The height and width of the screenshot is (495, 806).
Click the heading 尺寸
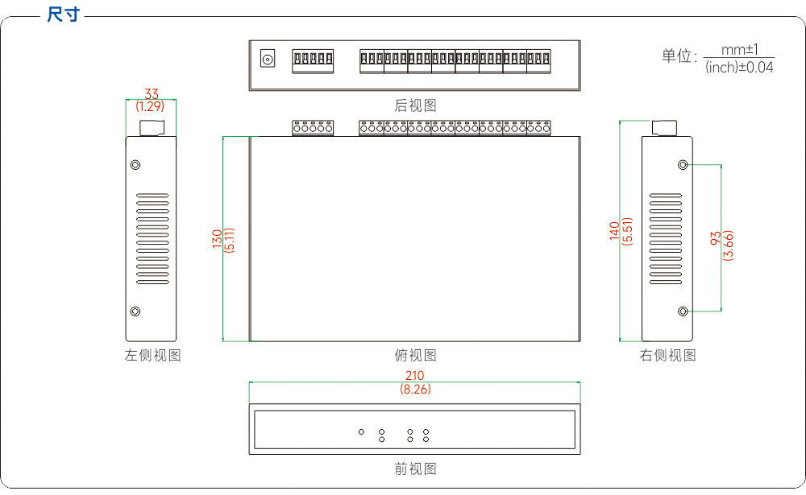63,14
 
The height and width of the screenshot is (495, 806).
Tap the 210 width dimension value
415,376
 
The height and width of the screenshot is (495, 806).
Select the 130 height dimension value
217,239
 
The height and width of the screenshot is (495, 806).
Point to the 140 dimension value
614,231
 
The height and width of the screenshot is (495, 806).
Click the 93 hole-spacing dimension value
716,238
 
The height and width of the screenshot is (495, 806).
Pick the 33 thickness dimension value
152,94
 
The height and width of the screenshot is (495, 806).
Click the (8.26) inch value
415,390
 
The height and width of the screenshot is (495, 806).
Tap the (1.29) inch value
150,106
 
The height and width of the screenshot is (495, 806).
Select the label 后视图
415,105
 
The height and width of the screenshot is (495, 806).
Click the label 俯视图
415,355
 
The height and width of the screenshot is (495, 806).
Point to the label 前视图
415,468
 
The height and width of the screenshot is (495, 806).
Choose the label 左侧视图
152,355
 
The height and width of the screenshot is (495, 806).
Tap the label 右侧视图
667,355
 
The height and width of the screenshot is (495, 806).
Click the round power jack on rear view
268,59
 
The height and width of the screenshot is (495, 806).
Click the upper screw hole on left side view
135,165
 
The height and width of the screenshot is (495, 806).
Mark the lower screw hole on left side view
135,311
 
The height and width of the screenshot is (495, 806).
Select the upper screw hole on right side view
683,165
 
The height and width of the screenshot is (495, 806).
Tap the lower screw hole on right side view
683,311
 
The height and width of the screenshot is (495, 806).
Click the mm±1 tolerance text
740,50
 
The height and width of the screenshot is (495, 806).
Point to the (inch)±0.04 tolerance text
739,68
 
